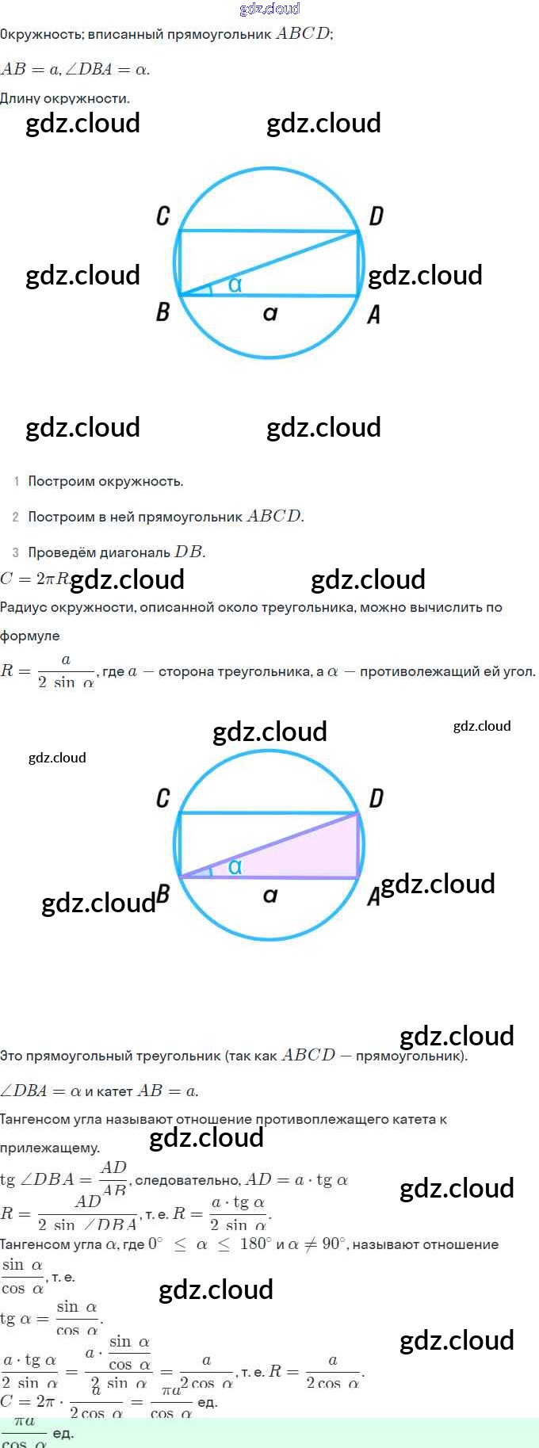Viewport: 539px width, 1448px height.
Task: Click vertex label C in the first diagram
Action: (163, 216)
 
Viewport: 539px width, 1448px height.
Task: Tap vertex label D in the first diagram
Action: (376, 216)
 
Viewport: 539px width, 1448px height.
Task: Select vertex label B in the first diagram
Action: (162, 311)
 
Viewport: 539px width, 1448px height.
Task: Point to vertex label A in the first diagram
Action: (374, 315)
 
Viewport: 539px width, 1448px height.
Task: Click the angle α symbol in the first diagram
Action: (235, 285)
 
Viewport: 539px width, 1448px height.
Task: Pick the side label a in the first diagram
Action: (270, 314)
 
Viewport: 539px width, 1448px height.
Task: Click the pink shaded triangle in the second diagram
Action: (317, 854)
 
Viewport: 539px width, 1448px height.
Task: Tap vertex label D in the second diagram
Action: (376, 798)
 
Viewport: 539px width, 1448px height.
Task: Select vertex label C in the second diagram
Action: (163, 797)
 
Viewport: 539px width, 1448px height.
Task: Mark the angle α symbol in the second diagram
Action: (235, 867)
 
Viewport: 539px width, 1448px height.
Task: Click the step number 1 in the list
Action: (16, 481)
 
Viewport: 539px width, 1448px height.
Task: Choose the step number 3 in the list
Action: (16, 552)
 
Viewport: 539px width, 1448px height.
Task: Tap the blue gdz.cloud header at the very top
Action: (269, 9)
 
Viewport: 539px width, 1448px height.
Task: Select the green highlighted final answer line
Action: (269, 1432)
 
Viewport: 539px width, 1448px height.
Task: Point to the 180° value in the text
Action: (256, 1244)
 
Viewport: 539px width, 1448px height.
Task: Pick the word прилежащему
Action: (50, 1148)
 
